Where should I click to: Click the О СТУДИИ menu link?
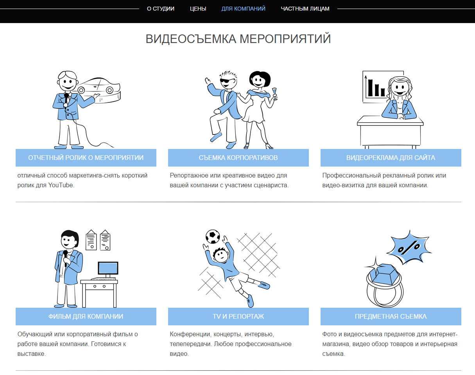tap(160, 9)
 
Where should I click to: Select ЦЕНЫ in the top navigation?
tap(198, 9)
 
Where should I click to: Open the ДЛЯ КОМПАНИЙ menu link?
tap(243, 9)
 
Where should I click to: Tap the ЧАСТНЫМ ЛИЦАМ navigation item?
tap(305, 9)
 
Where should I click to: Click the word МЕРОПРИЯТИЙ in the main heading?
tap(285, 39)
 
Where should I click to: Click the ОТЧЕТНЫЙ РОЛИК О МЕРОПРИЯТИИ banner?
tap(86, 158)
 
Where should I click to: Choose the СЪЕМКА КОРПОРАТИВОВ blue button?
tap(238, 158)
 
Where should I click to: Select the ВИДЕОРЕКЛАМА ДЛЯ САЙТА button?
tap(391, 158)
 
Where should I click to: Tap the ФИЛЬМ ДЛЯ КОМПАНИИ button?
tap(86, 316)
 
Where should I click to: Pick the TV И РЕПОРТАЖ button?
tap(238, 316)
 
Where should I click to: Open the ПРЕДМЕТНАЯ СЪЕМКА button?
tap(391, 316)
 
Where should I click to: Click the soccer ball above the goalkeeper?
tap(213, 237)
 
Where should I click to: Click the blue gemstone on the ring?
tap(384, 274)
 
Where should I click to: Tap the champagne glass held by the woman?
tap(274, 94)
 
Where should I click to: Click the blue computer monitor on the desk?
tap(108, 268)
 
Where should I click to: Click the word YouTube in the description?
tap(61, 185)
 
